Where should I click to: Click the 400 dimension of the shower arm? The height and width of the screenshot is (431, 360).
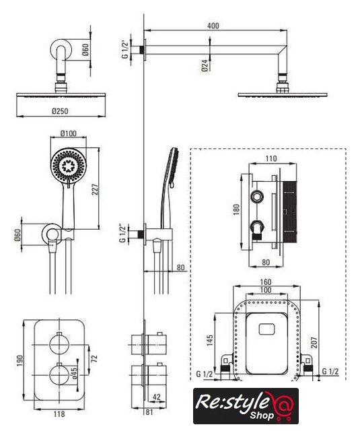213,26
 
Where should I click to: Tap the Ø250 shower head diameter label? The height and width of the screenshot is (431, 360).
60,111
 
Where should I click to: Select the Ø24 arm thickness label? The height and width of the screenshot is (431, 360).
205,66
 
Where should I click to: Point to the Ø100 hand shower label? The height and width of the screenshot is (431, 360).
69,133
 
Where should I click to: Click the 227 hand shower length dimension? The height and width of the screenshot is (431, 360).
95,189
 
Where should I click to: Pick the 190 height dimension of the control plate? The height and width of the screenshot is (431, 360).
20,361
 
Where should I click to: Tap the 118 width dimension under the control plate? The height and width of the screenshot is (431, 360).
59,413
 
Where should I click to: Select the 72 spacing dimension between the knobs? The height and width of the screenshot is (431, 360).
94,358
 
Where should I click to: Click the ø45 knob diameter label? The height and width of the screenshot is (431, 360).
75,373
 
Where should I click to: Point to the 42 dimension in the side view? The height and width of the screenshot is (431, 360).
156,397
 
